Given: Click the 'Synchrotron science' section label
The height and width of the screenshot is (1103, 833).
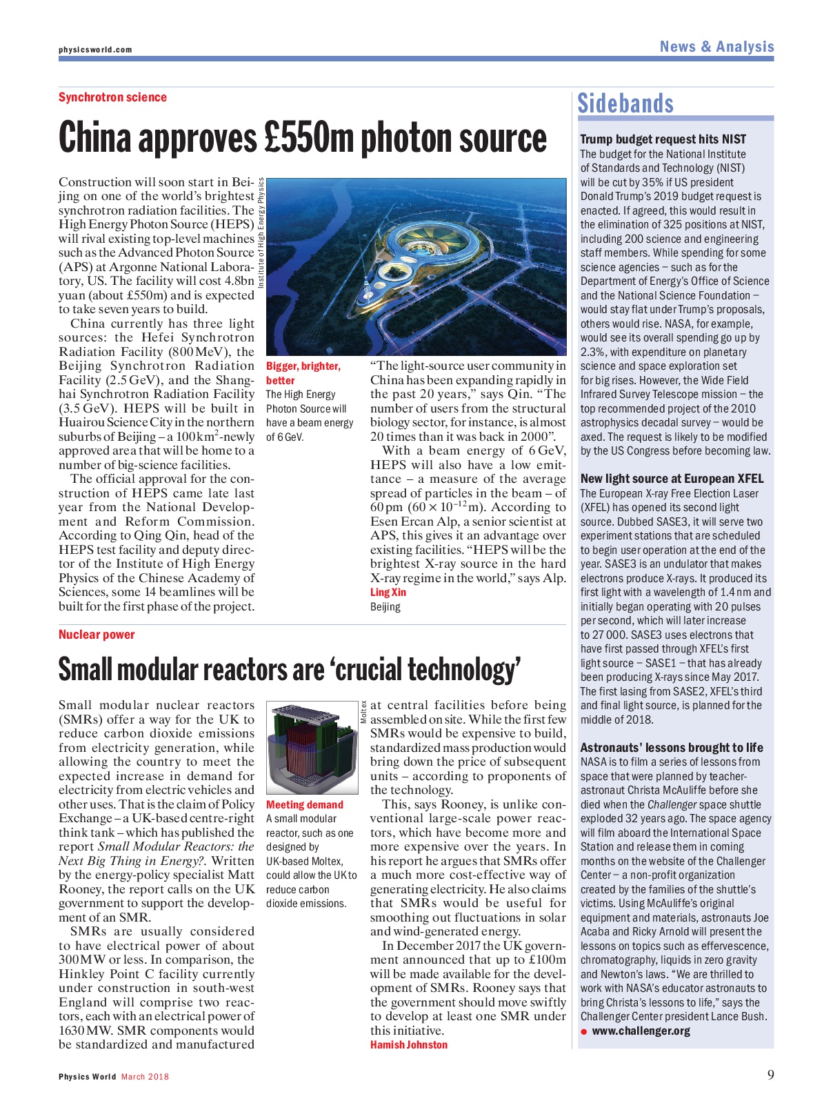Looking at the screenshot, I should pyautogui.click(x=112, y=97).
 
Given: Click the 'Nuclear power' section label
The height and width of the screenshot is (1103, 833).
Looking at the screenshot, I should pyautogui.click(x=97, y=635).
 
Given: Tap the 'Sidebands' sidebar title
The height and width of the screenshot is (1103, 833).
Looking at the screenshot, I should pyautogui.click(x=625, y=103).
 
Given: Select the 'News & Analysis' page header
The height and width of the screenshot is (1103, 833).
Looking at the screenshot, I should pyautogui.click(x=716, y=47).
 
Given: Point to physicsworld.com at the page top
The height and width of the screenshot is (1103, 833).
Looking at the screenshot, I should pyautogui.click(x=95, y=50).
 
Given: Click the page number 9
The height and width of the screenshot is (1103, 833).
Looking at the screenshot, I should pyautogui.click(x=770, y=1075).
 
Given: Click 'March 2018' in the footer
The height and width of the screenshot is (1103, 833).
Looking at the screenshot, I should pyautogui.click(x=145, y=1077).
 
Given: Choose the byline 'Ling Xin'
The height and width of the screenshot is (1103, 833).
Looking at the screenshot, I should pyautogui.click(x=388, y=593).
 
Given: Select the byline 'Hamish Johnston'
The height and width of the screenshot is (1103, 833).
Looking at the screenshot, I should pyautogui.click(x=409, y=1045).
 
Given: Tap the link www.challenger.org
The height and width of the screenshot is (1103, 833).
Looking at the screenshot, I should pyautogui.click(x=641, y=1031).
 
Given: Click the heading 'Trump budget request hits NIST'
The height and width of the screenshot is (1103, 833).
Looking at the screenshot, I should pyautogui.click(x=663, y=139).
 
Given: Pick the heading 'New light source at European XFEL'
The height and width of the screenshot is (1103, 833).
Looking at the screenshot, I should pyautogui.click(x=672, y=479).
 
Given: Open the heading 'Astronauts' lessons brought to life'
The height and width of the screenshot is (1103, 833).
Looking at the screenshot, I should pyautogui.click(x=671, y=748).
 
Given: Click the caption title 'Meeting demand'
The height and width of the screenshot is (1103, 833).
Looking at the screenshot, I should pyautogui.click(x=304, y=805).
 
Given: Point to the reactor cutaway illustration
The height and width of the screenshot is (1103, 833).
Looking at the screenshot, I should pyautogui.click(x=312, y=748).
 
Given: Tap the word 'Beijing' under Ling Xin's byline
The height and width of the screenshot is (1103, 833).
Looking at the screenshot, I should pyautogui.click(x=385, y=607).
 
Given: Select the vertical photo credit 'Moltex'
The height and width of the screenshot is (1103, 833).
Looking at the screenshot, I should pyautogui.click(x=363, y=712).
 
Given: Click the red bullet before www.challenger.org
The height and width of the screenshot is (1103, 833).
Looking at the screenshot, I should pyautogui.click(x=583, y=1032).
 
